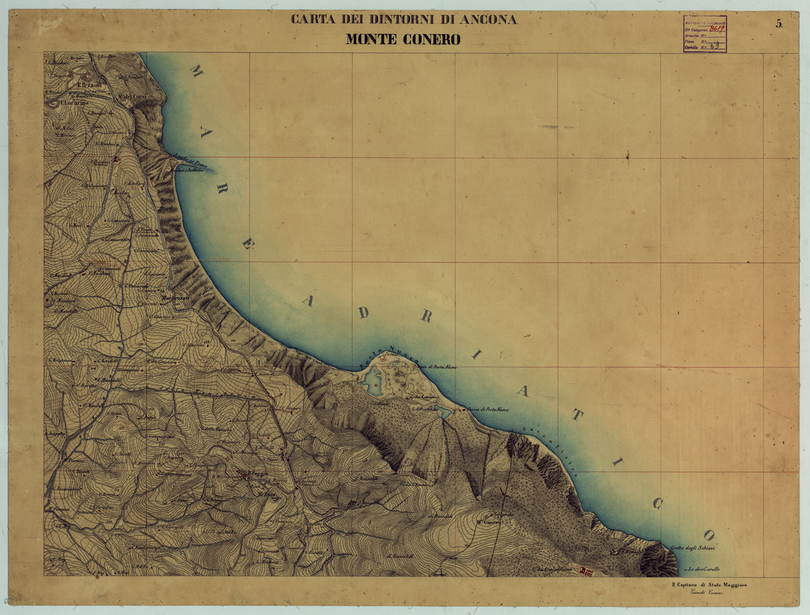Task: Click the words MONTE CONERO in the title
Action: [403, 40]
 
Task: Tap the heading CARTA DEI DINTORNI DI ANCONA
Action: [404, 20]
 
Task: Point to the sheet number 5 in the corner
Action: [779, 24]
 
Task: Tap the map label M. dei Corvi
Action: [131, 97]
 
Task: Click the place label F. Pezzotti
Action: [87, 86]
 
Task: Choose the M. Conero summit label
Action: [489, 522]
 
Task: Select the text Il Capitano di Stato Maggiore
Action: [713, 584]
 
